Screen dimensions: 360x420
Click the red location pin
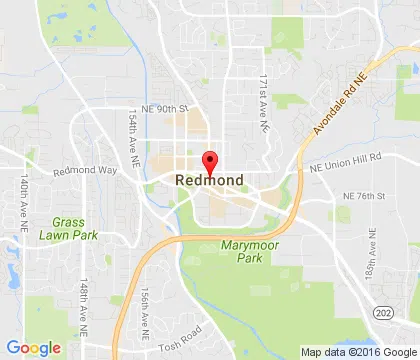[x=210, y=160]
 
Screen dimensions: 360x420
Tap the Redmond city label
[x=210, y=180]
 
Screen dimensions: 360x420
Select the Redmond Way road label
[x=85, y=171]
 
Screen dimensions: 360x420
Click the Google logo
[x=33, y=348]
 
